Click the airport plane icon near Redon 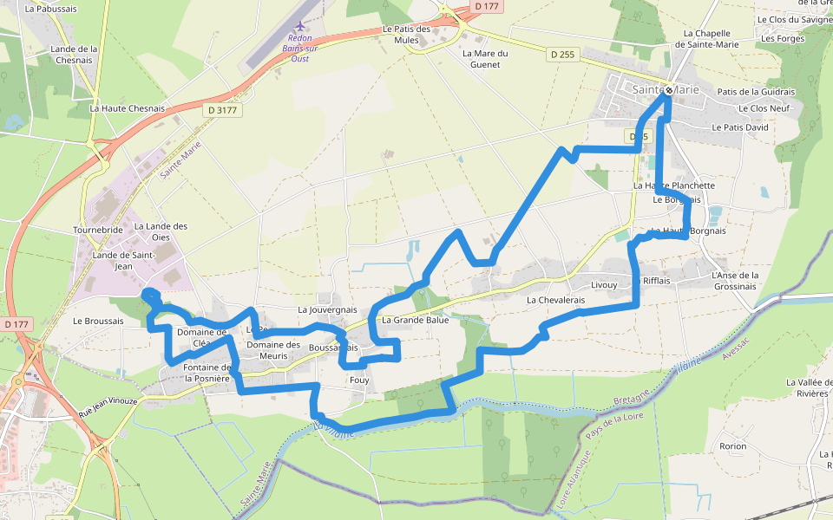301,28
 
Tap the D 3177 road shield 222,110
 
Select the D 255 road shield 563,55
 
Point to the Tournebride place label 98,231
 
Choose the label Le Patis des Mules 406,35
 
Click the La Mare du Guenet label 485,58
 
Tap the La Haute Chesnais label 127,108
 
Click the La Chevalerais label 556,300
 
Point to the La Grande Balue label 415,320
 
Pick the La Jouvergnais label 327,309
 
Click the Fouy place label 358,380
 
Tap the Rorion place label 732,446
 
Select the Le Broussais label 98,321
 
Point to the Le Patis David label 739,127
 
